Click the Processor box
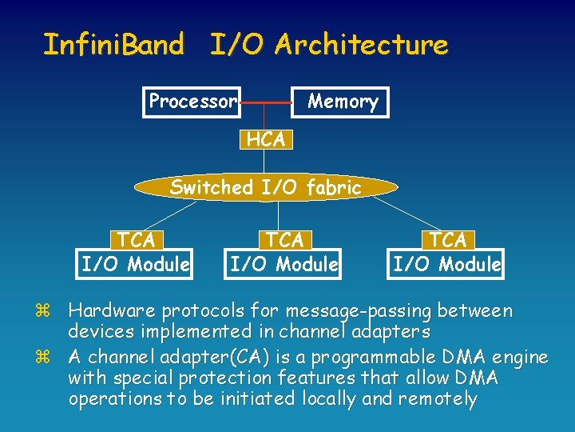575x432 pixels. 192,102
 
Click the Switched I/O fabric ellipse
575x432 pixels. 266,188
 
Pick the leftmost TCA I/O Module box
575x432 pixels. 137,252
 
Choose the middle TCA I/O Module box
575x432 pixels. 284,252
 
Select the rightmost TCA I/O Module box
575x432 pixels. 447,252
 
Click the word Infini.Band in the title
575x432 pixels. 113,45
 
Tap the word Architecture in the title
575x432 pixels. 361,45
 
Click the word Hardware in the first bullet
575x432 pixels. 112,310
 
